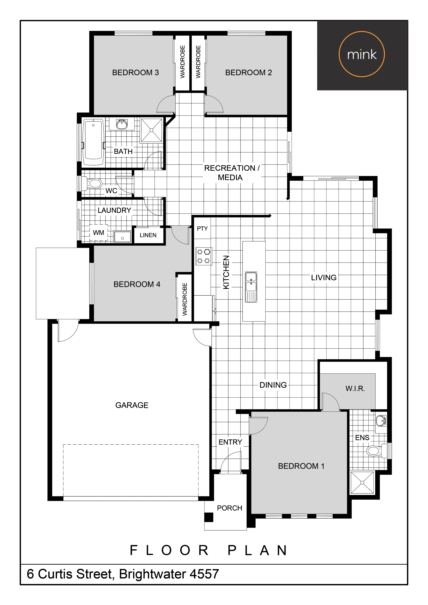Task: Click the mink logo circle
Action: (362, 32)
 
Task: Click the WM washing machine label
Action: (99, 233)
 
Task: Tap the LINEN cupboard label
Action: (148, 235)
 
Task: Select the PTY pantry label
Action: (202, 229)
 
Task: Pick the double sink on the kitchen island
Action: (251, 287)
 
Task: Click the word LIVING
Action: (324, 277)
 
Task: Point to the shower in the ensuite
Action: (362, 483)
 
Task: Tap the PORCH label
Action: (229, 508)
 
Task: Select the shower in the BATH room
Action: (151, 130)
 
